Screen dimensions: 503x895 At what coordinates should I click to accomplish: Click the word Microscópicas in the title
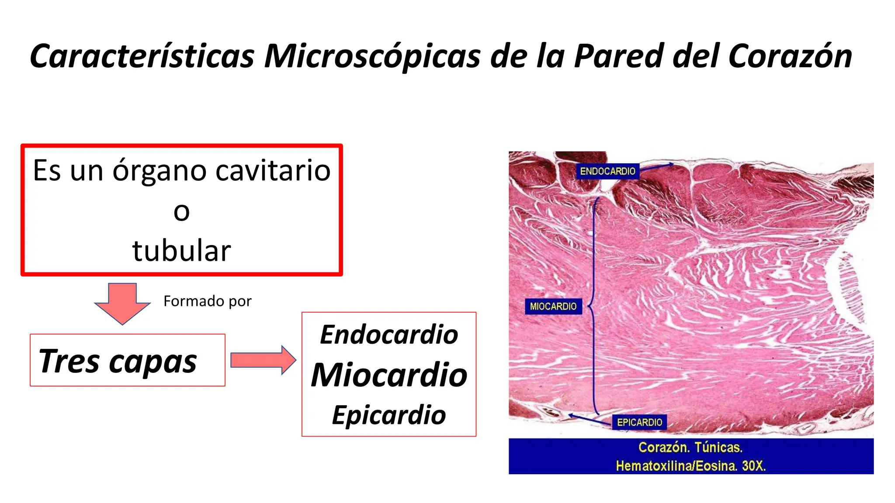(372, 57)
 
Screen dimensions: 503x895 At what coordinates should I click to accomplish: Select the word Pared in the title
(619, 57)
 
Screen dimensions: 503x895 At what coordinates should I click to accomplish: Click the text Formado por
(207, 301)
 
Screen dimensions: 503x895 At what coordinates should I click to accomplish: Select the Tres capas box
(127, 360)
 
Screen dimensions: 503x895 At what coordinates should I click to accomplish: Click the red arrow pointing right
(263, 360)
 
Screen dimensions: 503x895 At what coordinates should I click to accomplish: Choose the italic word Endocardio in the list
(389, 335)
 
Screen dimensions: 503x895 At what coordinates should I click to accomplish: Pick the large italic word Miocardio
(389, 375)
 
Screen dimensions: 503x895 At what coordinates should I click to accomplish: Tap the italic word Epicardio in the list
(389, 415)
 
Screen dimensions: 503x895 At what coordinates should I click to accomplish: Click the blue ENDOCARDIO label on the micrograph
(607, 171)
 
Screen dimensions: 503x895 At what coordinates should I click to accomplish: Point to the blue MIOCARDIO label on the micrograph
(553, 307)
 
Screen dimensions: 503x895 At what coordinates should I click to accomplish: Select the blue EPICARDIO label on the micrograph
(639, 422)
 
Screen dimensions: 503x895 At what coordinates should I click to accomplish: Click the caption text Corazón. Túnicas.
(690, 448)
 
